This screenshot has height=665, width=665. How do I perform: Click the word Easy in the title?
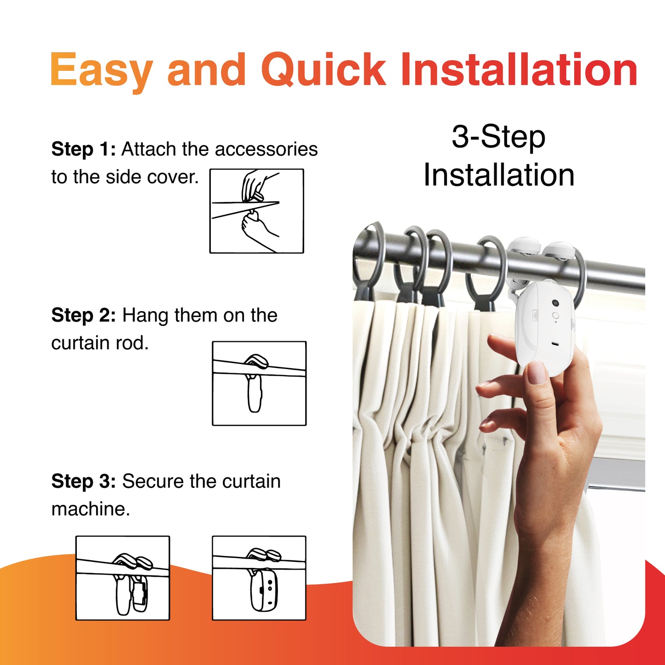coord(101,70)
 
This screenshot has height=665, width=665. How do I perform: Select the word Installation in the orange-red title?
coord(519,69)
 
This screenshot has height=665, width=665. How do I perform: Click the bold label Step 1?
coord(83,150)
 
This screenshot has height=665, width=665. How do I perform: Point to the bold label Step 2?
coord(83,316)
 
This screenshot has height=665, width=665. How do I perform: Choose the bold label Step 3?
coord(83,481)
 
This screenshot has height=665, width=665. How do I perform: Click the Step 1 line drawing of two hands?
coord(257,211)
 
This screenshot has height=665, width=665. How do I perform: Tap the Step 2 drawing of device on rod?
coord(259,383)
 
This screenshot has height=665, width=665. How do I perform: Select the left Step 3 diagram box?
coord(123,578)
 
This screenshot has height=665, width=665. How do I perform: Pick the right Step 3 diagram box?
coord(259,578)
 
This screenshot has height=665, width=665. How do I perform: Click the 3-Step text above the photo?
coord(498,137)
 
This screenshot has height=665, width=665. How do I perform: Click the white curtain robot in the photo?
coord(544,327)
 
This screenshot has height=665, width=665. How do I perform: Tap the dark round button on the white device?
coord(555,303)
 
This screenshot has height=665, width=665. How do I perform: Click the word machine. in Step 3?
coord(91,509)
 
